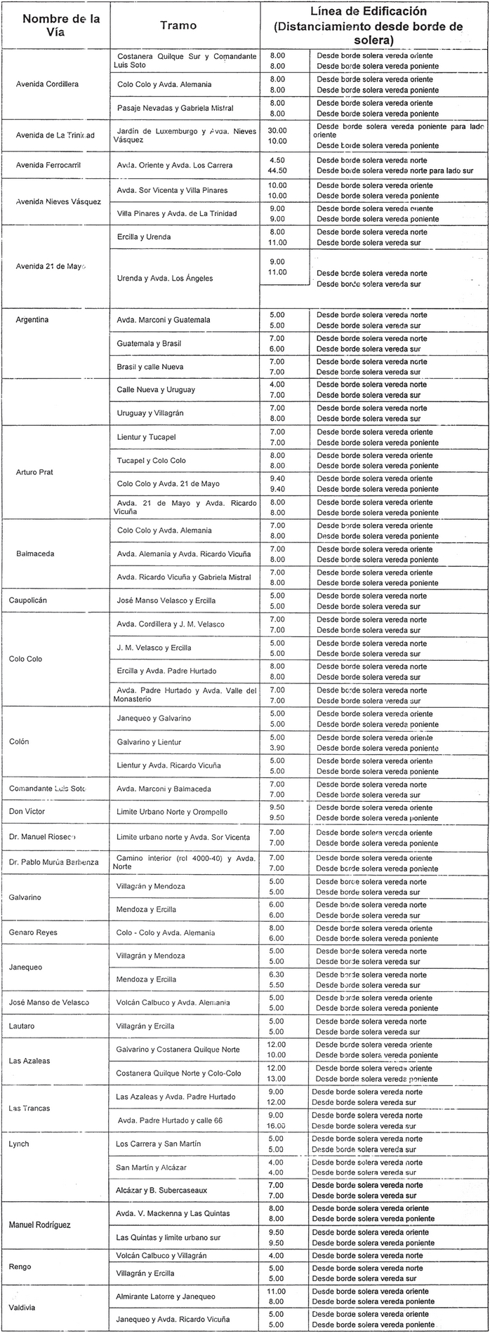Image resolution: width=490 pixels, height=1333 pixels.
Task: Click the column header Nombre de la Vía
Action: click(61, 25)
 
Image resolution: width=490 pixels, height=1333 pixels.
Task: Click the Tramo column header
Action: click(178, 25)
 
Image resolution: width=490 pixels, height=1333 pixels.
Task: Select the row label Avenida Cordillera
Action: click(47, 84)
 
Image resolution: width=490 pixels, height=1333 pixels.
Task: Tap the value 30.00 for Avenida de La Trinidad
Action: click(277, 130)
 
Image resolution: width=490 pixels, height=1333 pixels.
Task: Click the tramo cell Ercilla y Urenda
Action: click(144, 236)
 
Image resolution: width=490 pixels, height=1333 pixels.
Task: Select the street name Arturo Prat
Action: click(34, 472)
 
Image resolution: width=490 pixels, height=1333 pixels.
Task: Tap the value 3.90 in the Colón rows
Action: click(277, 749)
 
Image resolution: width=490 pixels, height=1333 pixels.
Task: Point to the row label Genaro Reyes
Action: click(33, 932)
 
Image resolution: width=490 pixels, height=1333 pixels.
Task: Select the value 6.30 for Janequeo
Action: click(277, 974)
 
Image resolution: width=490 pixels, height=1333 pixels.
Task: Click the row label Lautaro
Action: click(23, 1026)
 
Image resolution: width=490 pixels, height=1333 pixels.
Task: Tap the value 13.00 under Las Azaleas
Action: click(277, 1078)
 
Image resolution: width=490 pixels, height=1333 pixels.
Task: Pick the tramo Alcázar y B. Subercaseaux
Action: click(161, 1191)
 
